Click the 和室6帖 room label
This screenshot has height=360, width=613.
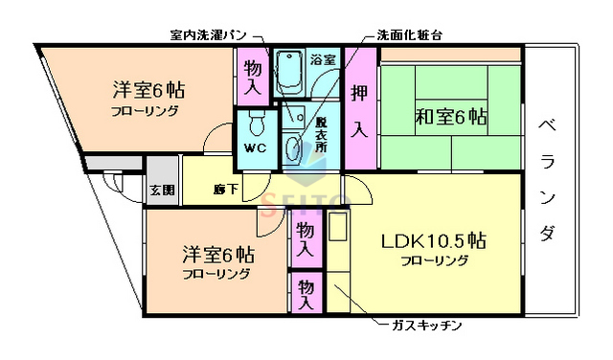pyautogui.click(x=451, y=119)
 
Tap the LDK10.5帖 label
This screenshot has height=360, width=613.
pyautogui.click(x=434, y=240)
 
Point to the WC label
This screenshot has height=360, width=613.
pyautogui.click(x=255, y=149)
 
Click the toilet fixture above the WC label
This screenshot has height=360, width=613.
pyautogui.click(x=255, y=124)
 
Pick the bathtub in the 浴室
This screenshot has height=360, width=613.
pyautogui.click(x=290, y=71)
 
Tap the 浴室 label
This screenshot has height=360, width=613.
pyautogui.click(x=323, y=60)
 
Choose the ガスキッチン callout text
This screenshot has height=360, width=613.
pyautogui.click(x=426, y=326)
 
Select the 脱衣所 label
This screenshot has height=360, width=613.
pyautogui.click(x=321, y=136)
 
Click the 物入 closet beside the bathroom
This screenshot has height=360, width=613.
pyautogui.click(x=252, y=77)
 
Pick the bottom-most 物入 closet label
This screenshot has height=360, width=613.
pyautogui.click(x=306, y=293)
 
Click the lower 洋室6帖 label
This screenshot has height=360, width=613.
pyautogui.click(x=218, y=257)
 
